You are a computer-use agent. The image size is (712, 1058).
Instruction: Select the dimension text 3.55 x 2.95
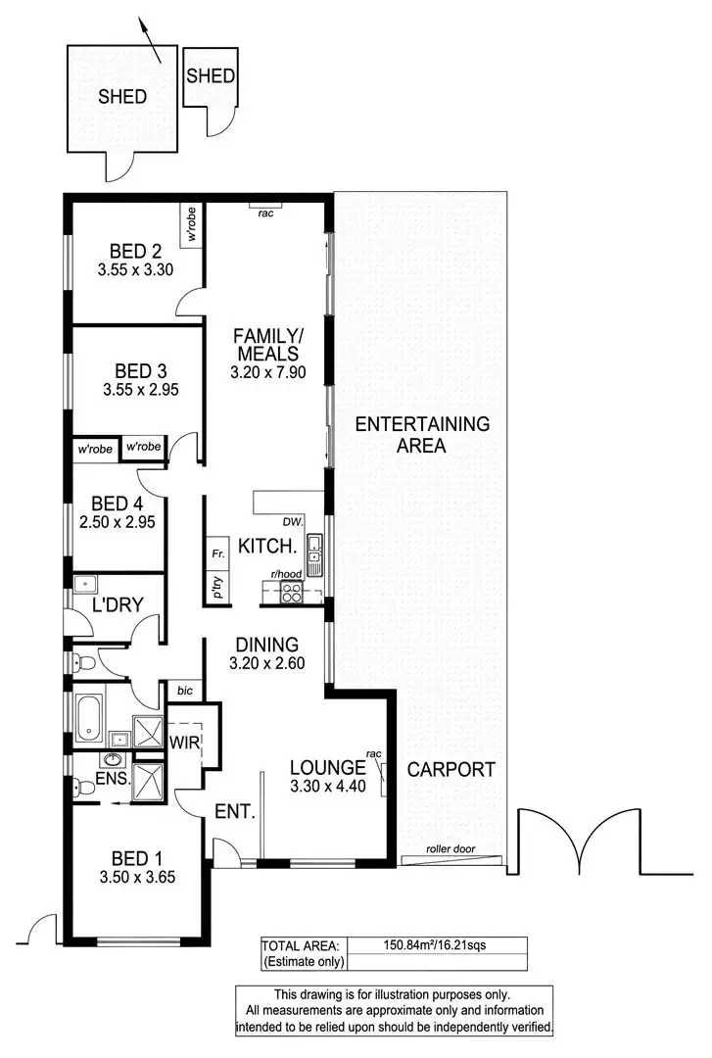(x=141, y=389)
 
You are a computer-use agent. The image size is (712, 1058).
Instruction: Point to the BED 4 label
(x=116, y=504)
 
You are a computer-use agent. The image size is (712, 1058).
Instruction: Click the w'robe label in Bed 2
(x=193, y=224)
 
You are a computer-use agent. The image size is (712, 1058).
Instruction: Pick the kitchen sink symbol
(x=314, y=554)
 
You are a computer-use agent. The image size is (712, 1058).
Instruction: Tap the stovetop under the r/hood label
(x=291, y=591)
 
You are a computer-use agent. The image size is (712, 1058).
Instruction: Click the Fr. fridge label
(x=217, y=554)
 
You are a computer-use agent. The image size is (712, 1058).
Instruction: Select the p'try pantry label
(x=216, y=588)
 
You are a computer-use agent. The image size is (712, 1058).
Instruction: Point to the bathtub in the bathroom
(x=88, y=719)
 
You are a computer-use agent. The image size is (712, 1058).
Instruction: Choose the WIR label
(x=185, y=743)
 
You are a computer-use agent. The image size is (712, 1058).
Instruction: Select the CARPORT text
(x=452, y=769)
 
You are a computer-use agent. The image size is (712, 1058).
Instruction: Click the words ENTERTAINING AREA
(x=422, y=435)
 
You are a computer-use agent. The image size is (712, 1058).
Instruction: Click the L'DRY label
(x=112, y=606)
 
